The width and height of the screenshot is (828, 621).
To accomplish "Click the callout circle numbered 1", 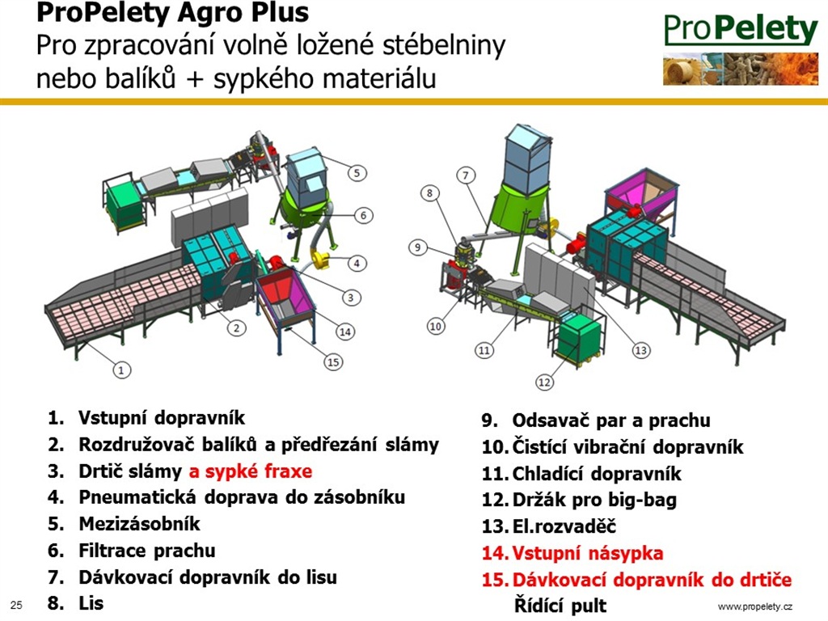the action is pos(121,370).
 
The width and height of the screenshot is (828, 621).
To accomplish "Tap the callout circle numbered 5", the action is pos(357,173).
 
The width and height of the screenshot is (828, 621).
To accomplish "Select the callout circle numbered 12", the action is pos(544,382).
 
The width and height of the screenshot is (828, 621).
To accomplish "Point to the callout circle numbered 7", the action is pos(466,175).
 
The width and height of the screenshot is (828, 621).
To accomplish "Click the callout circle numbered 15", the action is pos(333,361).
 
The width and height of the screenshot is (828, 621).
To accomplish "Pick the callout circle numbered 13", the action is pos(640,350).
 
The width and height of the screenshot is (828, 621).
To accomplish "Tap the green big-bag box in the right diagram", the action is pos(579,340).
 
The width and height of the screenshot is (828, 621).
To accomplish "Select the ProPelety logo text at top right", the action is pos(741,29).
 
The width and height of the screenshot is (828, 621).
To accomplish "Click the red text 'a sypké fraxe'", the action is pos(251,471).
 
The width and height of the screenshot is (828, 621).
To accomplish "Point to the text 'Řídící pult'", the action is pos(560,606).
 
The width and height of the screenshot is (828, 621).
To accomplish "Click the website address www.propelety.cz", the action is pos(755,606).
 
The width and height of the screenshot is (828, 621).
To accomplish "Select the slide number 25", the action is pos(16,605).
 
